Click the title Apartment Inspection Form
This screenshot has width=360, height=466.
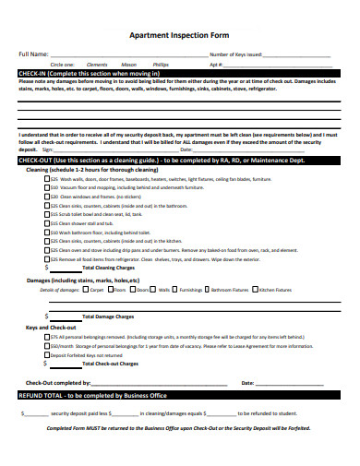tap(179, 33)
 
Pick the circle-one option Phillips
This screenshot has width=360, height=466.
tap(161, 65)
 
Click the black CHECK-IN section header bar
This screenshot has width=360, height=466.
tap(179, 73)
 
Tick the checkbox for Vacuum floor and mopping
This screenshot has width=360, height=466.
tap(47, 187)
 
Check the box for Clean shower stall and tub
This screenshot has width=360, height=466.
tap(47, 222)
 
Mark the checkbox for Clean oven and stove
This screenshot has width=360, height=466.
tap(47, 249)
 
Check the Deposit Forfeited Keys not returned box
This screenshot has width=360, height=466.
tap(47, 354)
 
